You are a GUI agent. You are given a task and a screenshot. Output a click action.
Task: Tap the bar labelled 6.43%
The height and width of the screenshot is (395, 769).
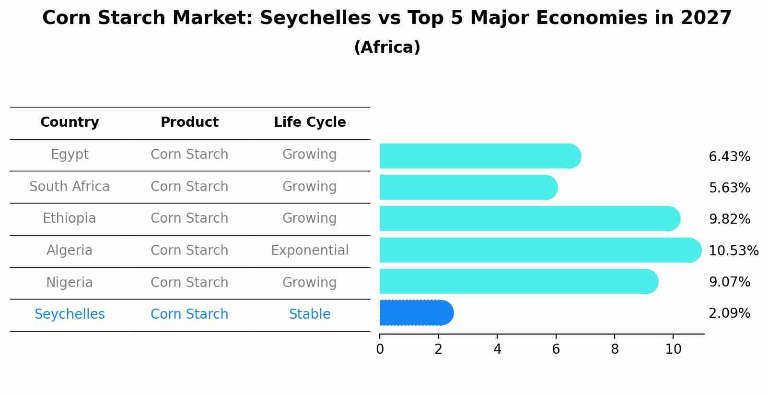[480, 156]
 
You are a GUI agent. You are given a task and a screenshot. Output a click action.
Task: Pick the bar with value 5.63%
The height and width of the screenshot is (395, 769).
[468, 187]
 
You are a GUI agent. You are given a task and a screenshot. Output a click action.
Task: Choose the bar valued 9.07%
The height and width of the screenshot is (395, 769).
[518, 281]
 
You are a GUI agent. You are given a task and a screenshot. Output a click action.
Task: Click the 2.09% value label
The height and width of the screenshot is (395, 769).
[729, 313]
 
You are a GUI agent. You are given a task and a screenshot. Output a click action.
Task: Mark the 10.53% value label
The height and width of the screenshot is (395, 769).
[733, 251]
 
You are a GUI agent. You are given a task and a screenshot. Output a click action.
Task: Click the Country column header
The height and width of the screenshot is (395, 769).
[70, 122]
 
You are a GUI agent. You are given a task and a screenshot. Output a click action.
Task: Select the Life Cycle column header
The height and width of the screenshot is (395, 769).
[310, 122]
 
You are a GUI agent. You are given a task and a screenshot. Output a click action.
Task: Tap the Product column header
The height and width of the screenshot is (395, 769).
[189, 122]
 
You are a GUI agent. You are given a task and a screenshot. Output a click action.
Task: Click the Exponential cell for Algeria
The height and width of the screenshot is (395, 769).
[310, 251]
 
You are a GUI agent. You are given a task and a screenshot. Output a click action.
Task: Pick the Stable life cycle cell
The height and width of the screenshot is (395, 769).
[310, 314]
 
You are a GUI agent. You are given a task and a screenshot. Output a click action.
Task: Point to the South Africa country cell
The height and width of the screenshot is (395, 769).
[70, 186]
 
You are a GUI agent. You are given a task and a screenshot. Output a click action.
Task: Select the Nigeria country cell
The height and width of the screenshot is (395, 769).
[70, 282]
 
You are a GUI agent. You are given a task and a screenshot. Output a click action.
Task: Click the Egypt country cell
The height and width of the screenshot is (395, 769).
[70, 155]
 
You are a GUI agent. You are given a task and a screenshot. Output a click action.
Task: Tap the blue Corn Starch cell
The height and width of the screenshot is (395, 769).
[189, 314]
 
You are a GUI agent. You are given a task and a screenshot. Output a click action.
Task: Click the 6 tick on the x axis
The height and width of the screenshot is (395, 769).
[556, 349]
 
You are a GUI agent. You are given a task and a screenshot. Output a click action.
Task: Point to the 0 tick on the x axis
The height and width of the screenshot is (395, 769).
[380, 349]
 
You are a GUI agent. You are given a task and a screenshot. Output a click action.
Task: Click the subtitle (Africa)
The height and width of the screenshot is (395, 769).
[387, 48]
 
